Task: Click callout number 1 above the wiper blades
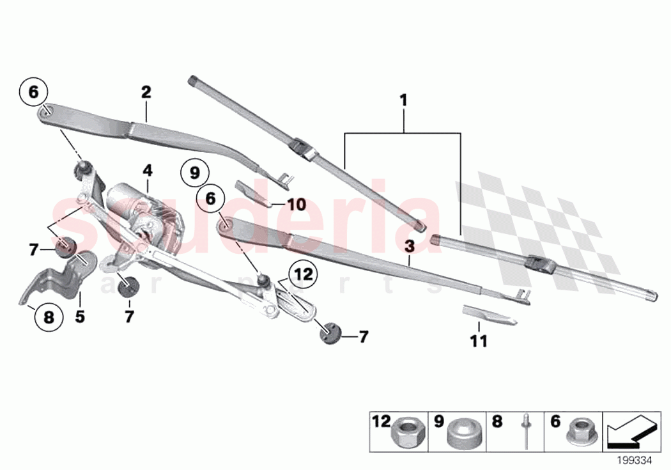coord(403,101)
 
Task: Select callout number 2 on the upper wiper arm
coord(146,92)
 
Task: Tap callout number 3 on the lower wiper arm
coord(410,245)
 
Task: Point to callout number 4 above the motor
coord(148,171)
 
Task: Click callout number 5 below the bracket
coord(80,316)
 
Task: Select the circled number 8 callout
coord(50,315)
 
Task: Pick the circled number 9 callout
coord(195,172)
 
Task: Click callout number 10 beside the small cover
coord(297,205)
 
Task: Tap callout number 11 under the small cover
coord(479,342)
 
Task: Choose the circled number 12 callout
coord(305,275)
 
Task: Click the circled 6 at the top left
coord(34,92)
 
